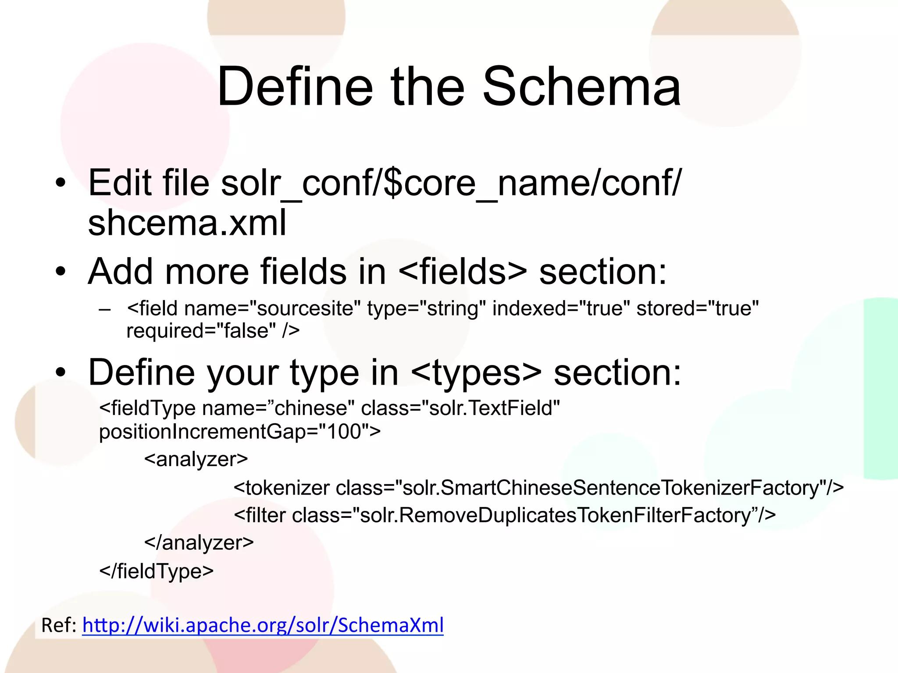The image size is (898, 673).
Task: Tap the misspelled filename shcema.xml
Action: point(187,223)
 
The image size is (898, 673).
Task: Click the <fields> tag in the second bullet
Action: point(463,271)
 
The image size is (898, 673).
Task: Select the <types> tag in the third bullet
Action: point(477,372)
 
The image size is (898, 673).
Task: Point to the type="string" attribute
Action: point(427,308)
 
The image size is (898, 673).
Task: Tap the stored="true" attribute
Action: point(697,308)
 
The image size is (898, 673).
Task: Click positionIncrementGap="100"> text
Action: point(240,432)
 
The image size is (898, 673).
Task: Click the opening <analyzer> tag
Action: point(196,459)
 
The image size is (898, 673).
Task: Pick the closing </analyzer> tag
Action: point(199,543)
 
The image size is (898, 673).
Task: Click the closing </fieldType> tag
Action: point(157,571)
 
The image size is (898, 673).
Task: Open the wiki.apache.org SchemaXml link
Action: point(263,625)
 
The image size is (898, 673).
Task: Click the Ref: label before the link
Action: point(59,625)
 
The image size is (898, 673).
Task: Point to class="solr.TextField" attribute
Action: point(460,408)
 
